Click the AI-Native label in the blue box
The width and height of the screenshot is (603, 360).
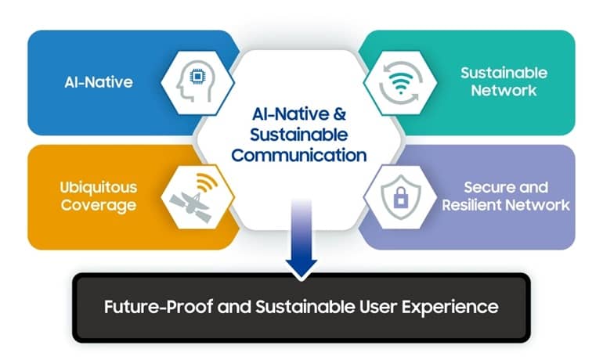tap(99, 82)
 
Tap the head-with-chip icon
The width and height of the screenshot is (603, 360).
tap(196, 81)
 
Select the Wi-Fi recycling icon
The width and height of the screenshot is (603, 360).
tap(400, 82)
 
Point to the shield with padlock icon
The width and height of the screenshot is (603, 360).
tap(401, 196)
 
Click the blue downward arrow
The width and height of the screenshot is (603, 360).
tap(301, 238)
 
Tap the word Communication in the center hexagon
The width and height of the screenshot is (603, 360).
tap(299, 155)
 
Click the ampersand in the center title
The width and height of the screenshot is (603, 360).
tap(340, 113)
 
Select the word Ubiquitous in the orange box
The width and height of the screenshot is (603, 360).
tap(99, 188)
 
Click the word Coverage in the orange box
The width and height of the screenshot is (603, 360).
tap(99, 205)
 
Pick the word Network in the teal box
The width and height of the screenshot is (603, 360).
tap(504, 91)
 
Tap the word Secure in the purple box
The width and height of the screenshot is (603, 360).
tap(484, 188)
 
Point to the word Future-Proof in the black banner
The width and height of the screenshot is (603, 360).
tap(158, 307)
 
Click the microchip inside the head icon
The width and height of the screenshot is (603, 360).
tap(197, 77)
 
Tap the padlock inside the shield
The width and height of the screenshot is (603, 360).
tap(401, 197)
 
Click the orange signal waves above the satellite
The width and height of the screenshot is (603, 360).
tap(207, 182)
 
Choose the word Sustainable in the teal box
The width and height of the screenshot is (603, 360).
tap(504, 73)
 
